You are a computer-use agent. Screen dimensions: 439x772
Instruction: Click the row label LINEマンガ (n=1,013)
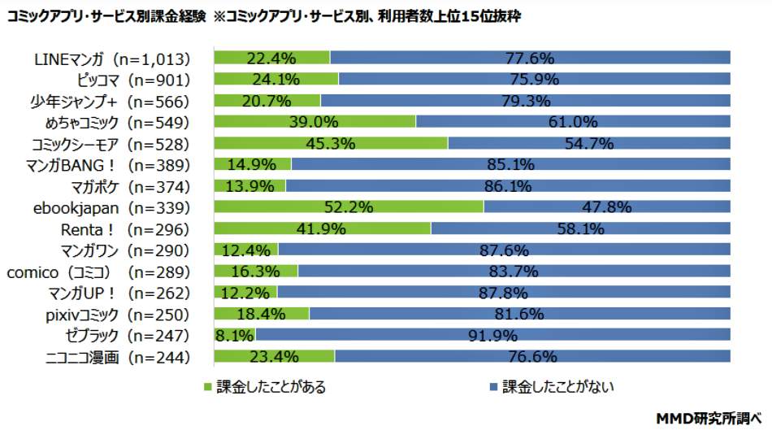[112, 59]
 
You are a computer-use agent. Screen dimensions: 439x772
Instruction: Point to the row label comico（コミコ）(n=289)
[98, 272]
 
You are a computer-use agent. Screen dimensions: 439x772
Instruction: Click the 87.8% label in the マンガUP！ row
[501, 293]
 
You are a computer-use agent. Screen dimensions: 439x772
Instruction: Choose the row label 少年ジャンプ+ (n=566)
[119, 101]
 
